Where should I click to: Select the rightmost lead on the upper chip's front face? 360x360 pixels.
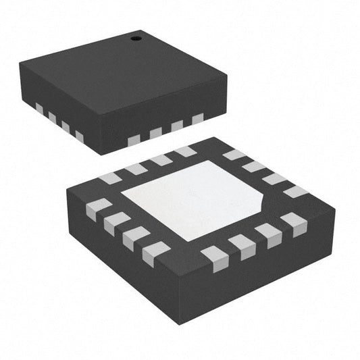[197, 120]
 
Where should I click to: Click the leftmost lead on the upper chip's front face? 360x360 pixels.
[134, 140]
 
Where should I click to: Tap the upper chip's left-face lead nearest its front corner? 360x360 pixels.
[79, 136]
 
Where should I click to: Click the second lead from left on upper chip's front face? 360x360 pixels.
[156, 133]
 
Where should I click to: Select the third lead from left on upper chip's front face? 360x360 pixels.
[177, 126]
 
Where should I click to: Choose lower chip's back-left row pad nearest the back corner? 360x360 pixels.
[185, 152]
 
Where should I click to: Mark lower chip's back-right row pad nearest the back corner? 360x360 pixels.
[234, 155]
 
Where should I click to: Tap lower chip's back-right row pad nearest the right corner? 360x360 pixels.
[296, 191]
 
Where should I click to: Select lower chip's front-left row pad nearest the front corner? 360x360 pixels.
[156, 251]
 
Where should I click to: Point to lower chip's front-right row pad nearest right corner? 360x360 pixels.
[293, 222]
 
